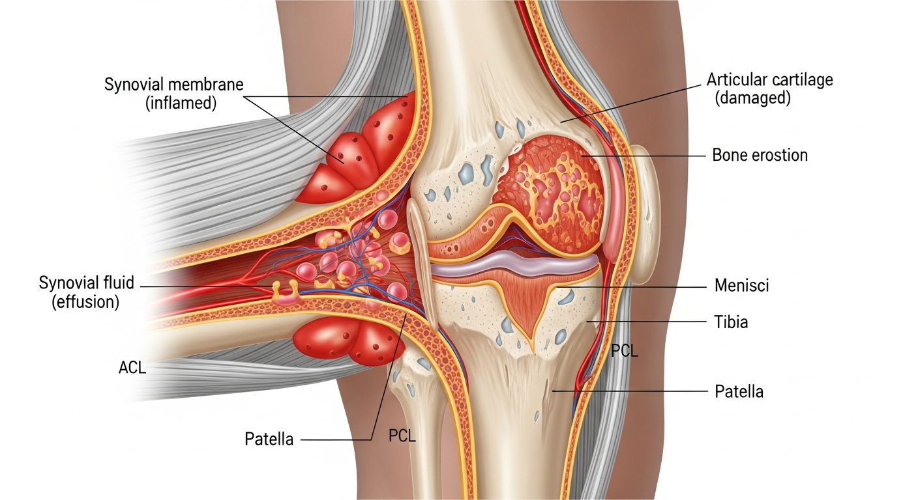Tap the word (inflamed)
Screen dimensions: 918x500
click(x=181, y=103)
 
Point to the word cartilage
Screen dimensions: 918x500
click(x=797, y=80)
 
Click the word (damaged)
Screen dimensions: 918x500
click(x=753, y=98)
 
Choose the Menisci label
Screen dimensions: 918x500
click(x=742, y=285)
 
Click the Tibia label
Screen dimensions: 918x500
click(x=731, y=322)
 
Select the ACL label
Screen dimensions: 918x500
click(x=132, y=367)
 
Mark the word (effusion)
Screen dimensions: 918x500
click(x=85, y=302)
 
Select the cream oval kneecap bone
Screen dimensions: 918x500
click(x=644, y=215)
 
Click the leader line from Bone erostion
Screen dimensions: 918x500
click(x=644, y=156)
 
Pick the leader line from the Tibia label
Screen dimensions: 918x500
click(x=647, y=322)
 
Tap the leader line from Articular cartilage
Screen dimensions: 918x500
click(x=631, y=104)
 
